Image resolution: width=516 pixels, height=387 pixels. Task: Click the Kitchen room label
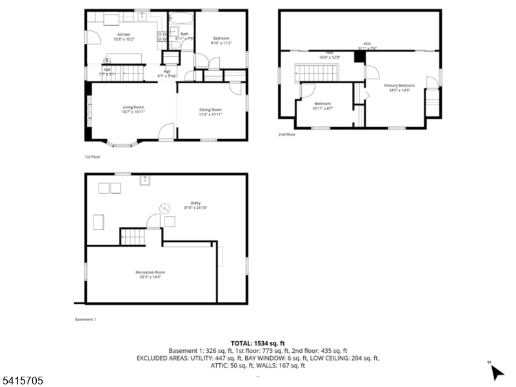pos(124,34)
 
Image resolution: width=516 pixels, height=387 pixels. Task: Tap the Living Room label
pos(134,107)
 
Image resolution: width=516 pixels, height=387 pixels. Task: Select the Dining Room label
pos(210,110)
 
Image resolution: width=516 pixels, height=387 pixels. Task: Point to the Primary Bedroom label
pos(399,86)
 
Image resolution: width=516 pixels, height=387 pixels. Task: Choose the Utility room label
pos(195,203)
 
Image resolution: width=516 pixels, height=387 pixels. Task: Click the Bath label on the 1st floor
pos(184,34)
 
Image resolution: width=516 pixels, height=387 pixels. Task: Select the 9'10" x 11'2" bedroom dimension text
pos(221,43)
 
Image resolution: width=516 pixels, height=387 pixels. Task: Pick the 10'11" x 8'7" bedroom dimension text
pos(322,108)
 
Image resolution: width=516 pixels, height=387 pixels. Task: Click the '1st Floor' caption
pos(92,157)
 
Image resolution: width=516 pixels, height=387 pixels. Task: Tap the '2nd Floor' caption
pos(286,134)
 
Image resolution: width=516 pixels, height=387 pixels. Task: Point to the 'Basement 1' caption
pos(85,319)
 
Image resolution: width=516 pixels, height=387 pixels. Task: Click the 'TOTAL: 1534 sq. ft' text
pos(257,343)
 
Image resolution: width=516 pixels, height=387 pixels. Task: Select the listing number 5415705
pos(22,381)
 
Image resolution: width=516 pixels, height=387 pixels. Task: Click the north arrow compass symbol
pos(496,372)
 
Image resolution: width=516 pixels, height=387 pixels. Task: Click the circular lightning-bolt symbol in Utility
pos(164,208)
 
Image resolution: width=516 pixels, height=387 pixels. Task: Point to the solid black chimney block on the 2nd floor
pos(359,57)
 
